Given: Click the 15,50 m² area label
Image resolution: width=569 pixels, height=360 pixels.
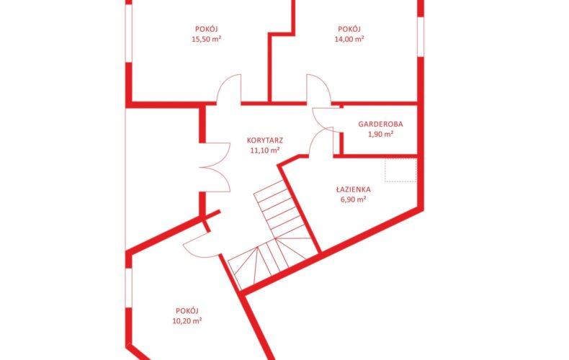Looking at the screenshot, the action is coord(207,39).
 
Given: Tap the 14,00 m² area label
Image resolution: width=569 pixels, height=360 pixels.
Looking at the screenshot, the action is coord(349,39).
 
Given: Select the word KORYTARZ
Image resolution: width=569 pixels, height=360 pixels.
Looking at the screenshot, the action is coord(265,140).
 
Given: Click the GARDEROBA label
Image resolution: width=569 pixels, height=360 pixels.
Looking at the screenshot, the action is coord(380,124).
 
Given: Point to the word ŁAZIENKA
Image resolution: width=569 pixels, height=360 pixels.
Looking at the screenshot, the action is coord(353,189).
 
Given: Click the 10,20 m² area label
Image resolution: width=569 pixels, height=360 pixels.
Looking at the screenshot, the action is coord(187,321).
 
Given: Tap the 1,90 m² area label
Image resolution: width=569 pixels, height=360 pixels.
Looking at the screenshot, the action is coord(381,134).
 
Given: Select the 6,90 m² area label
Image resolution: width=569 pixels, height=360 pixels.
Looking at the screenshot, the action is coord(353,199).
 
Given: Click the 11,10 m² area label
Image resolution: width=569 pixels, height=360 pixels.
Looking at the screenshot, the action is coord(265,150).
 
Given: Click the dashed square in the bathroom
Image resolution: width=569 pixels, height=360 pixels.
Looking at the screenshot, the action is coord(400,170).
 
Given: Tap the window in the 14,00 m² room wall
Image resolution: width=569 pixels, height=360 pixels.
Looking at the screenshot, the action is coord(421,37).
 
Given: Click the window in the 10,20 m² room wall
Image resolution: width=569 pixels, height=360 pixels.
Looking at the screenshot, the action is coord(128,287).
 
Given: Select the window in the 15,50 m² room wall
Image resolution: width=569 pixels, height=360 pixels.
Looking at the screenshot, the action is coord(128,33).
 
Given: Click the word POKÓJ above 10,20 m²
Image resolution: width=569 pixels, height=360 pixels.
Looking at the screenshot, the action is coord(187,310).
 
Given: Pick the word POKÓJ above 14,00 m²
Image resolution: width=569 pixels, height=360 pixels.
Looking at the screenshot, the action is coord(349,29).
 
